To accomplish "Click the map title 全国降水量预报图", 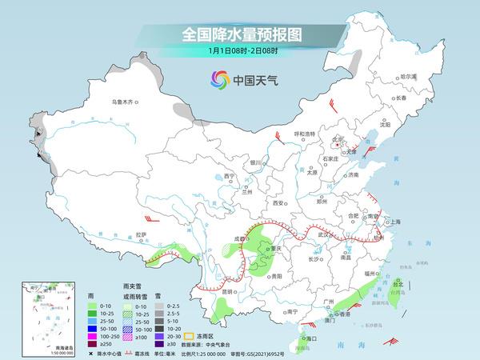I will [x=240, y=34].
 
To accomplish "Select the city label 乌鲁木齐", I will [x=124, y=102].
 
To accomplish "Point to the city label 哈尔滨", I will [x=408, y=76].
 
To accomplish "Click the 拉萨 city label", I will [x=142, y=234].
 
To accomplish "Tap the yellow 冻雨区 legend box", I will [x=188, y=336].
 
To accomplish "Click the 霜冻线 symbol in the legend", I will [x=131, y=353].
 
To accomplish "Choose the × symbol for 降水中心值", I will [x=91, y=353].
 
